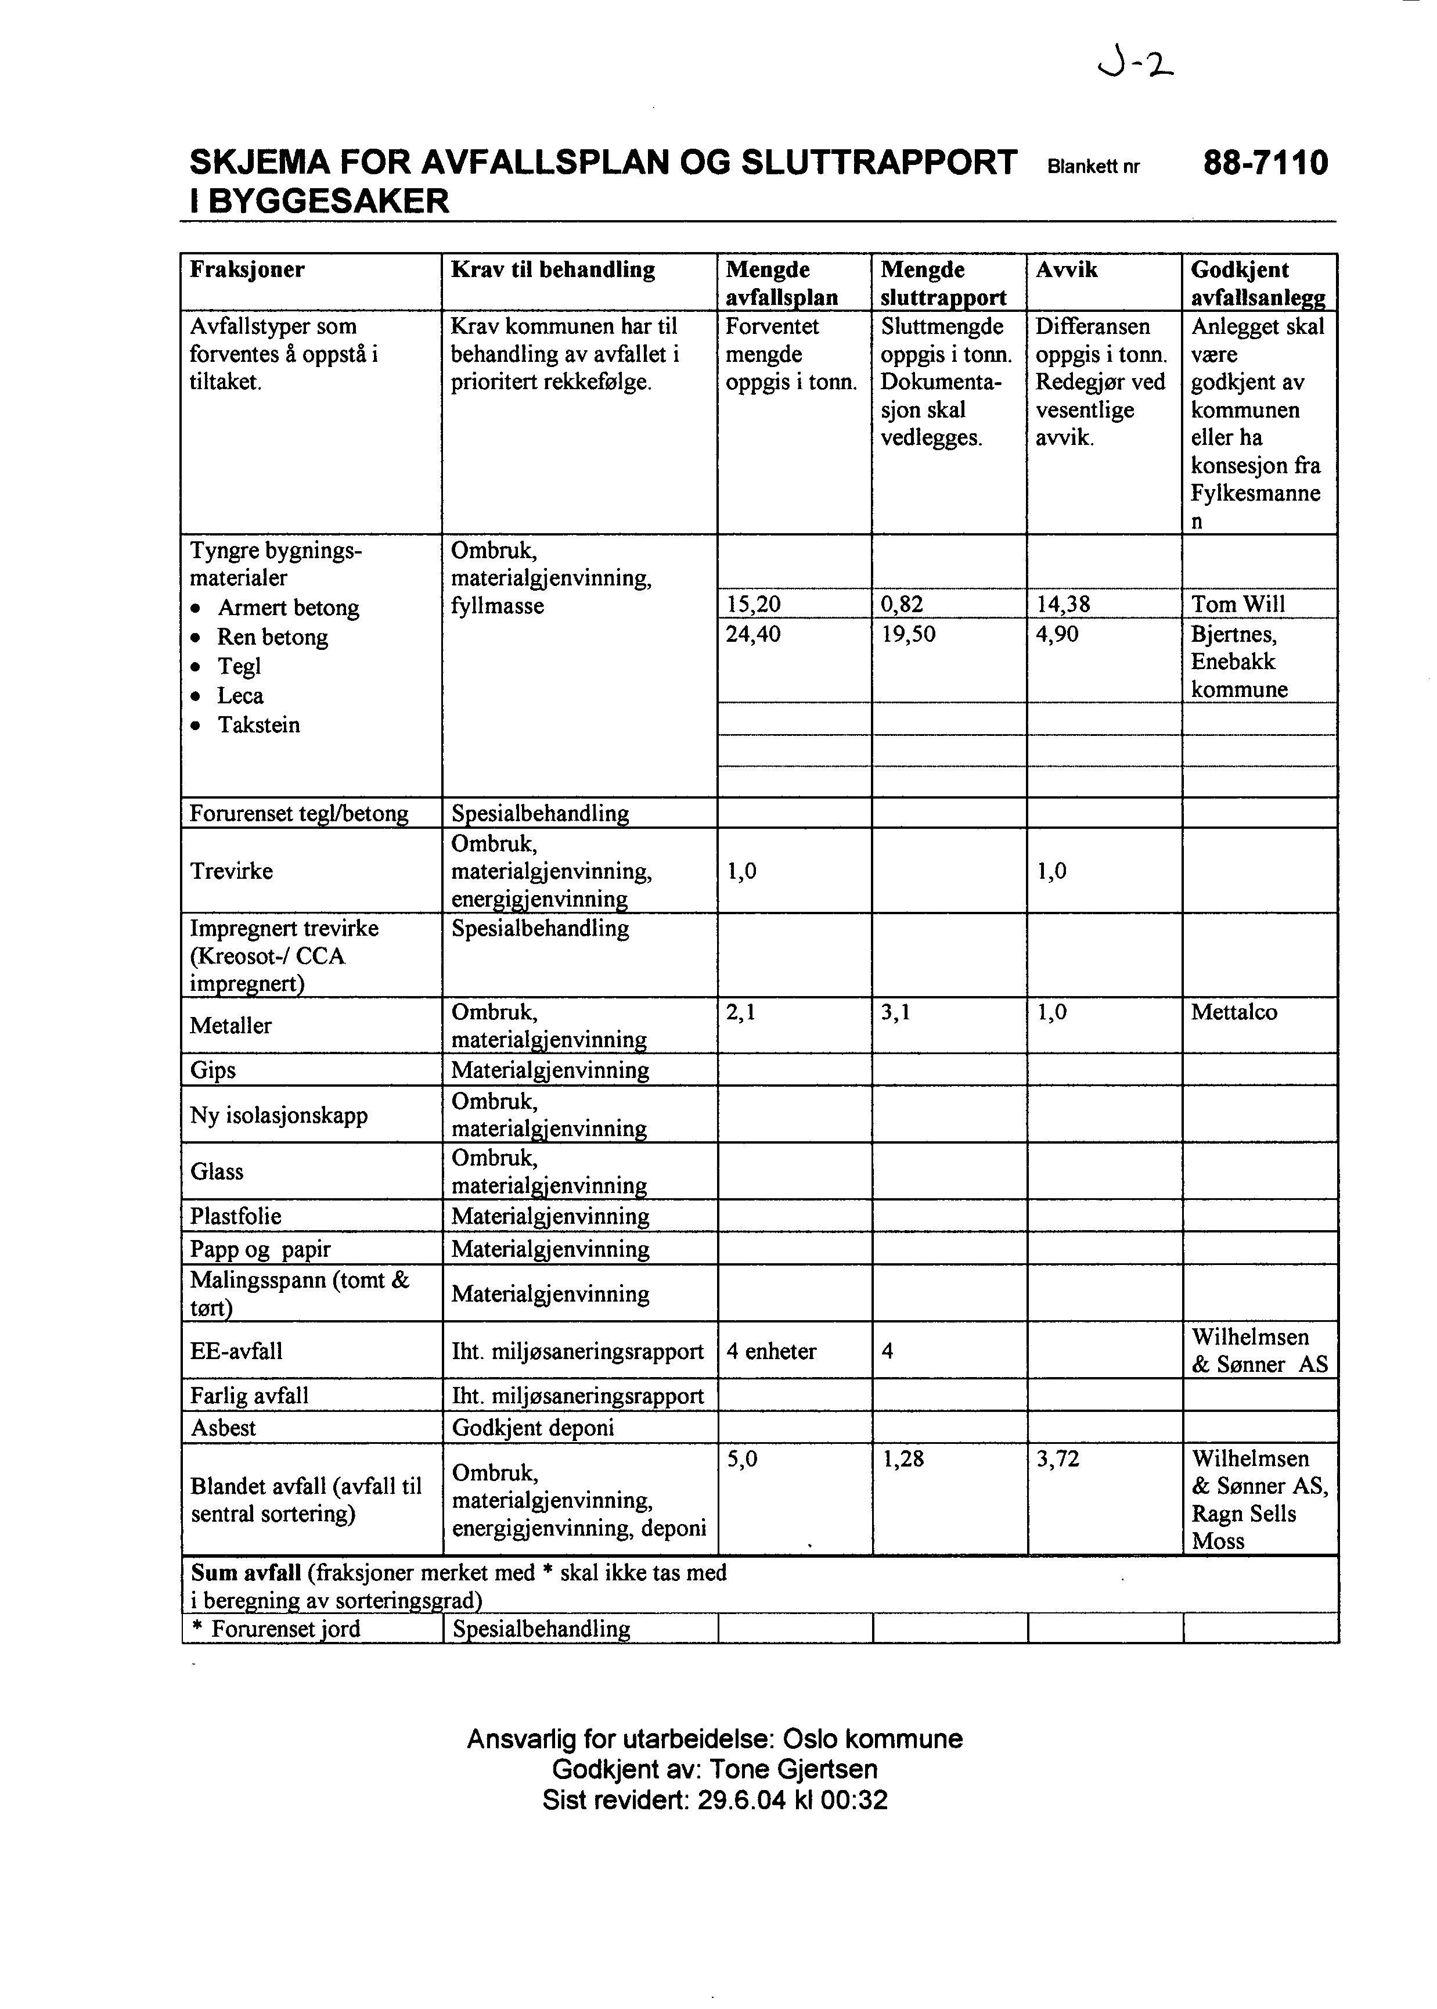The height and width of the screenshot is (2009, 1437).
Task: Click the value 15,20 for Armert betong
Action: [x=753, y=605]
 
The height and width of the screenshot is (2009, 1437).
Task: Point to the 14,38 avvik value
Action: [x=1063, y=605]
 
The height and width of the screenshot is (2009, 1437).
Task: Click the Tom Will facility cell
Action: [x=1238, y=605]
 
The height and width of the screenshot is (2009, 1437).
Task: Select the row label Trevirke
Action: [x=231, y=871]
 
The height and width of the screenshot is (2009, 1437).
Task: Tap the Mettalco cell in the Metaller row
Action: [x=1233, y=1012]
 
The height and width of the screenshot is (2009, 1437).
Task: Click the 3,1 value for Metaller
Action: [x=895, y=1012]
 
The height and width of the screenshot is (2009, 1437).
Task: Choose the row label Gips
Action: [x=213, y=1070]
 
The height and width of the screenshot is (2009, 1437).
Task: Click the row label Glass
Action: [x=217, y=1171]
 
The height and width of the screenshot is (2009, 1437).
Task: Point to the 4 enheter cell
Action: [x=770, y=1352]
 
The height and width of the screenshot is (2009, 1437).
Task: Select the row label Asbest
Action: [x=223, y=1428]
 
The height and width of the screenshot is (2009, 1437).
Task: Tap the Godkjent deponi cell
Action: [x=532, y=1428]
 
